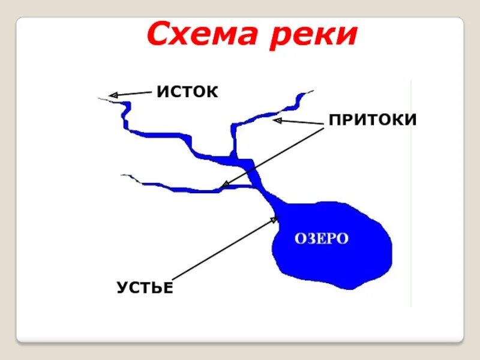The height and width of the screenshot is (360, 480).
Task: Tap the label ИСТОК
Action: pos(187,92)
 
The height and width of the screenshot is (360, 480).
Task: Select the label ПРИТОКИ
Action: pos(372,120)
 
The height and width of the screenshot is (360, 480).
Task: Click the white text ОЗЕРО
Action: pos(321,238)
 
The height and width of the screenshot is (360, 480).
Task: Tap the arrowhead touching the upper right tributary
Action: pos(277,121)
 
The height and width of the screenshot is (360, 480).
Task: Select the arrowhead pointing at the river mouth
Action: pos(275,220)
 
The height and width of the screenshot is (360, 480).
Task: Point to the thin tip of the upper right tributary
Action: pos(310,92)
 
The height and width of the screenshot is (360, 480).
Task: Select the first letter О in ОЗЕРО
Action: pos(299,238)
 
